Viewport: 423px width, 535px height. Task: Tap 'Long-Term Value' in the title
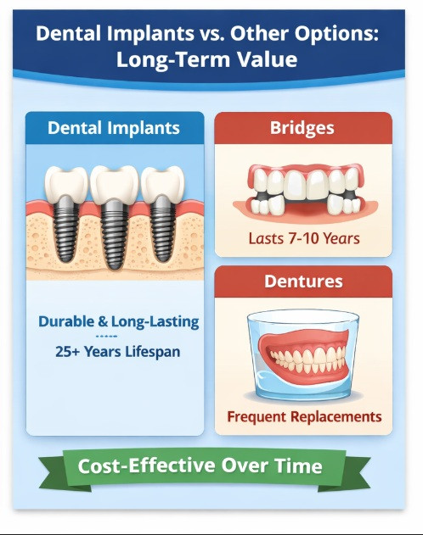(x=206, y=60)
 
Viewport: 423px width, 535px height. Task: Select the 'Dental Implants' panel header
(x=114, y=128)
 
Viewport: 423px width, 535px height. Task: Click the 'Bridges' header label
(x=302, y=128)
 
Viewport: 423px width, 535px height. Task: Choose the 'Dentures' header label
(x=302, y=281)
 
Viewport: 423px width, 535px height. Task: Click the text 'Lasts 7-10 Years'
(x=303, y=238)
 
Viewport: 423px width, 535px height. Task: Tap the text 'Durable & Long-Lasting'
(x=118, y=322)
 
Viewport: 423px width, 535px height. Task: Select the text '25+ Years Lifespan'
(x=118, y=350)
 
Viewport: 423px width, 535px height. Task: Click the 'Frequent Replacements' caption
(x=303, y=417)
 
